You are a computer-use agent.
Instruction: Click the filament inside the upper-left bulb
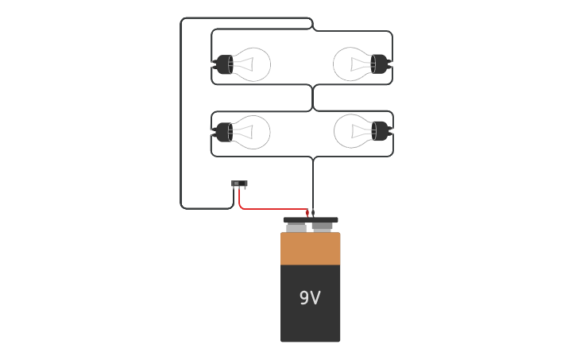click(246, 64)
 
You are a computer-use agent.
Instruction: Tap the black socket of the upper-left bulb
click(223, 64)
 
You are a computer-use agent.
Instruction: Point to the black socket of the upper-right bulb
click(380, 64)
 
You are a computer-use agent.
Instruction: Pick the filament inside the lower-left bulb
click(246, 132)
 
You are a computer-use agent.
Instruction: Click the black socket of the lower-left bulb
click(223, 132)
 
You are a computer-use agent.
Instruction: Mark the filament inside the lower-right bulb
click(358, 130)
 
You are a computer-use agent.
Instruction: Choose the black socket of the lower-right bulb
click(381, 130)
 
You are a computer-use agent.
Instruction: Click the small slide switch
click(239, 184)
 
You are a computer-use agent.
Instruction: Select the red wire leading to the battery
click(270, 210)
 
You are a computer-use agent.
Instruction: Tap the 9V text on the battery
click(310, 298)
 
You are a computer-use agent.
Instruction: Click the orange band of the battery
click(310, 249)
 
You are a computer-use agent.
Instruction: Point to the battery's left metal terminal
click(296, 228)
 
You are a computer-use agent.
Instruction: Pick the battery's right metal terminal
click(323, 227)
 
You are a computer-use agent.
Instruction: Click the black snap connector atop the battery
click(311, 220)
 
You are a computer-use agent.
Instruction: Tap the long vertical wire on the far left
click(181, 119)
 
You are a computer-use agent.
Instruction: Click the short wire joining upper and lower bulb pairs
click(313, 98)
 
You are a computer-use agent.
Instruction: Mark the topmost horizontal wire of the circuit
click(246, 18)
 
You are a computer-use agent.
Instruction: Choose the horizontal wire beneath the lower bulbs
click(262, 157)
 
